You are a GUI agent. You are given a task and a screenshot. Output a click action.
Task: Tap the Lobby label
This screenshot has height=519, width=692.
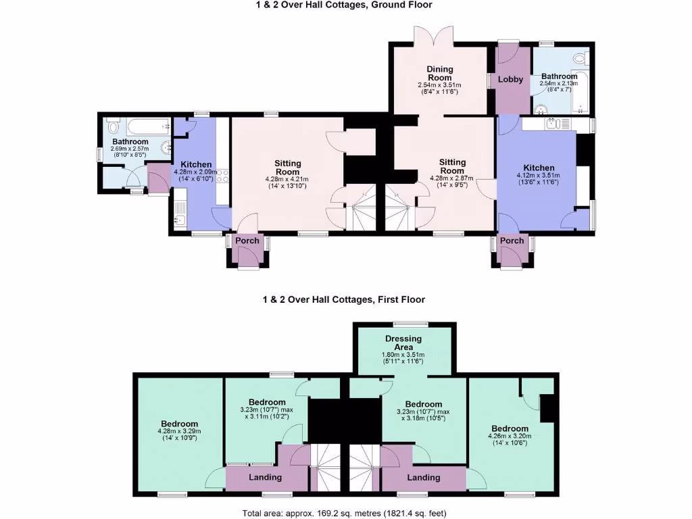click(x=511, y=79)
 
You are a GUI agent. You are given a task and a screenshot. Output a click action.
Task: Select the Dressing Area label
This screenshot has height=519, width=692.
click(x=403, y=343)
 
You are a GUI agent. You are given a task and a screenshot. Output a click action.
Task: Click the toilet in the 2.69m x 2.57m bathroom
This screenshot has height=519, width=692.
click(x=113, y=126)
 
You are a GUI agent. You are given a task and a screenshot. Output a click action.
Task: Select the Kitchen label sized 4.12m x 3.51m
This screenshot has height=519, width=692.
click(x=539, y=168)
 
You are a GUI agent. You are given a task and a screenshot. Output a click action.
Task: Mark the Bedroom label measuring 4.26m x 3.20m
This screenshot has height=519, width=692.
click(x=510, y=428)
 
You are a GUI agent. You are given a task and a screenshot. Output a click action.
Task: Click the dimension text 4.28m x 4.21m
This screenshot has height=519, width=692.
click(x=287, y=178)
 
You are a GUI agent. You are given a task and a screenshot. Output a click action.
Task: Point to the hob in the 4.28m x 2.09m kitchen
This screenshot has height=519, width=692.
click(x=222, y=176)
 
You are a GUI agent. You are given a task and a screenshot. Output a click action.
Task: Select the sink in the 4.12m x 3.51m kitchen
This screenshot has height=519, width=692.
click(x=553, y=123)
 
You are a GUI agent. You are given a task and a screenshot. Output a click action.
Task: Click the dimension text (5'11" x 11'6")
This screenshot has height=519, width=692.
click(x=403, y=362)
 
